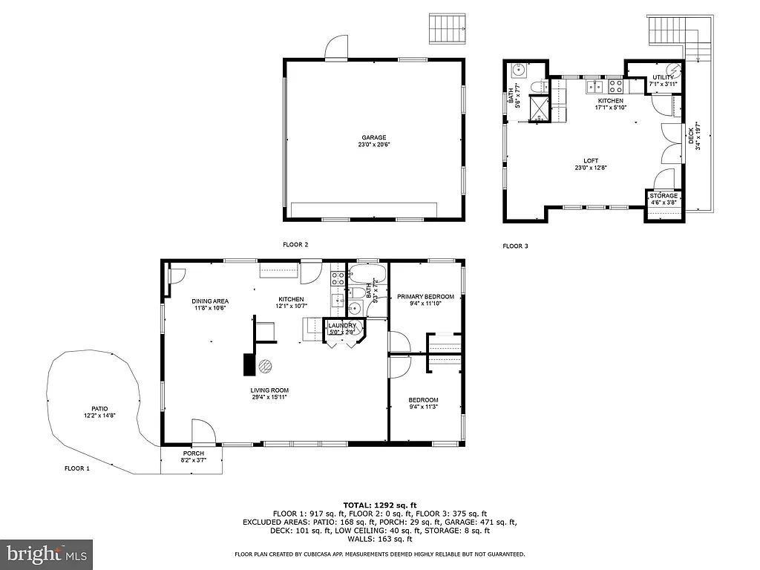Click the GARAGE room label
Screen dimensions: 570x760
(373, 137)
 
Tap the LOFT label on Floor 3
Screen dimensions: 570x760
(591, 160)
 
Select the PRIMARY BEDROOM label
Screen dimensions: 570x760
(425, 296)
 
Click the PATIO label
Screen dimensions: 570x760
(99, 408)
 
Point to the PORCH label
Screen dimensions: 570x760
(193, 453)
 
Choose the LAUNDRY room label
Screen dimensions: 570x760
(342, 325)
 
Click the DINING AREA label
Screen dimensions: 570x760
(209, 301)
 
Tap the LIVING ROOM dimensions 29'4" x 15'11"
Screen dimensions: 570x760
(269, 397)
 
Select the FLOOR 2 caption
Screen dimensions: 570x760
(295, 244)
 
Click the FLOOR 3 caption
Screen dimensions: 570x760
(515, 246)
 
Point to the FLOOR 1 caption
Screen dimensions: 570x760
(76, 468)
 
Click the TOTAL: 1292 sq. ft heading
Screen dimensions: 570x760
(379, 504)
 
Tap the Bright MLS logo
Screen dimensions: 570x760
(47, 554)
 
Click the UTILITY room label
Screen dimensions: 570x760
(663, 77)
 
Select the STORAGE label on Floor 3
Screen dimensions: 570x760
(664, 196)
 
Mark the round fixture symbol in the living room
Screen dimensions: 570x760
(266, 366)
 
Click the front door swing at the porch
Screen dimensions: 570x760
(201, 432)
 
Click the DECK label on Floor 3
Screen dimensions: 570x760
(692, 136)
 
